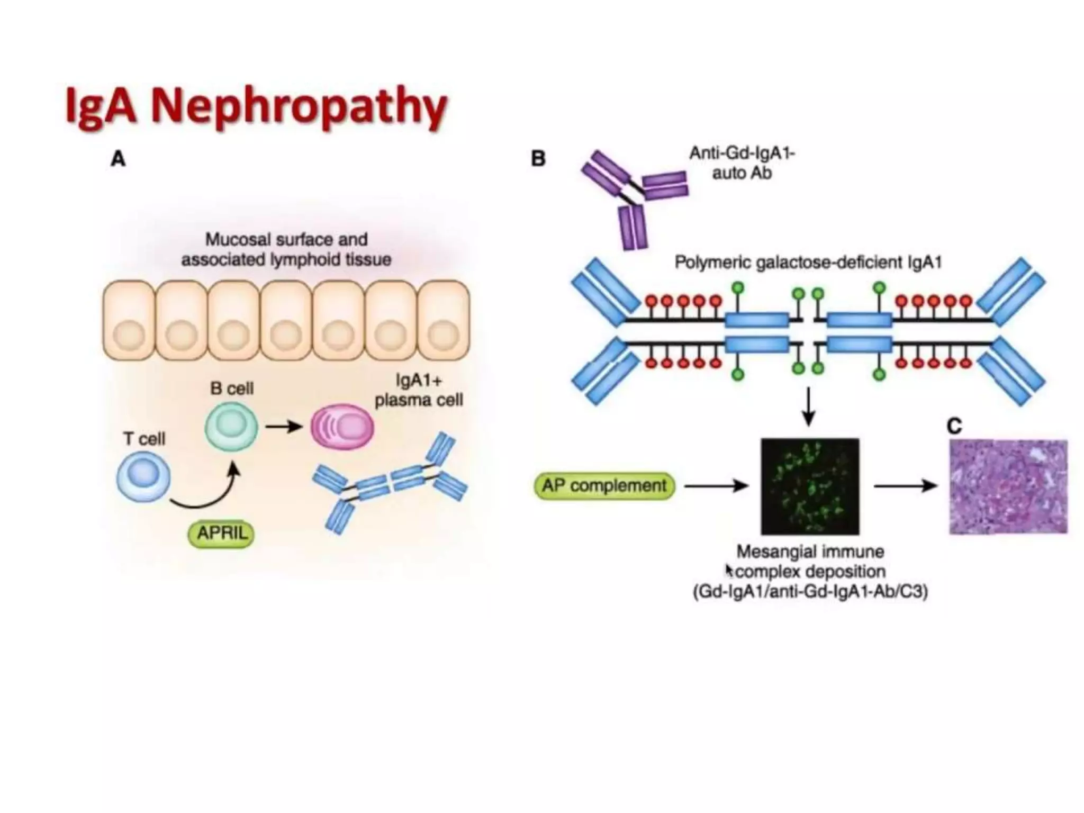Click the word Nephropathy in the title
pyautogui.click(x=299, y=106)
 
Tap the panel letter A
pyautogui.click(x=118, y=158)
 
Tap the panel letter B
pyautogui.click(x=538, y=158)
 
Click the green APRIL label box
pyautogui.click(x=221, y=534)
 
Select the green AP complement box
pyautogui.click(x=604, y=485)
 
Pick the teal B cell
pyautogui.click(x=231, y=426)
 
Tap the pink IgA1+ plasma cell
pyautogui.click(x=342, y=427)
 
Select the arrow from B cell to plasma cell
pyautogui.click(x=284, y=426)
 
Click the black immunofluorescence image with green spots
pyautogui.click(x=810, y=486)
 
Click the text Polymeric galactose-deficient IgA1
pyautogui.click(x=808, y=263)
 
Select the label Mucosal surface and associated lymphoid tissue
pyautogui.click(x=286, y=249)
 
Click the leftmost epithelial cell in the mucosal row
pyautogui.click(x=129, y=321)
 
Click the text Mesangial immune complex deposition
pyautogui.click(x=810, y=562)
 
